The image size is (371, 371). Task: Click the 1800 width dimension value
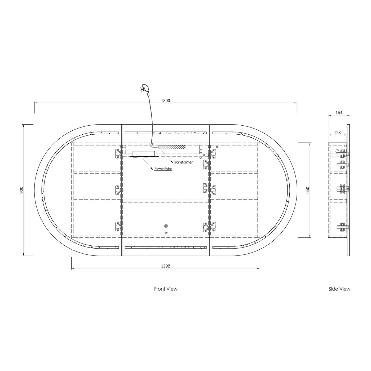pos(165,101)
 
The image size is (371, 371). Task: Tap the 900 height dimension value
pos(21,190)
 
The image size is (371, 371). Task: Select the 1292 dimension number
pos(166,266)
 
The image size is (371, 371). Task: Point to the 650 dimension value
pos(307,190)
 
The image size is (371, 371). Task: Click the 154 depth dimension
pos(339,113)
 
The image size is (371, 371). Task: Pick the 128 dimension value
pos(337,133)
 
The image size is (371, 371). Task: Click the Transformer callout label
pos(183,162)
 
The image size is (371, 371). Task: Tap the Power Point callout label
pos(163,169)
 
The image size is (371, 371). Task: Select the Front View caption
pos(166,289)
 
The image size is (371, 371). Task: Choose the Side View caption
pos(339,289)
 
